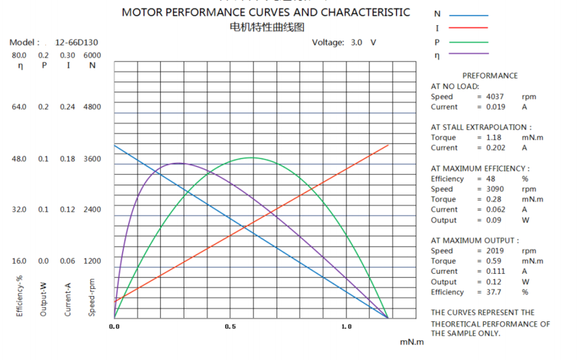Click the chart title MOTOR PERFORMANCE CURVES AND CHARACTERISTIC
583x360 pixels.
click(265, 12)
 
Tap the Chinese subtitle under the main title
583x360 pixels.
click(267, 27)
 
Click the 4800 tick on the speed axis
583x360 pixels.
click(92, 107)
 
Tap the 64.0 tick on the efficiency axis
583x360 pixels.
click(19, 107)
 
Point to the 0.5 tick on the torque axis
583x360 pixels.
click(230, 327)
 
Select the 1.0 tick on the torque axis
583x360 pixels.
click(346, 327)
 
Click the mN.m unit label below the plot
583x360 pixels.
click(411, 342)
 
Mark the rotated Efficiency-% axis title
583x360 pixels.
click(20, 296)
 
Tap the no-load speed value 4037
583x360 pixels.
click(494, 97)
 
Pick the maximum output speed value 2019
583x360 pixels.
click(494, 251)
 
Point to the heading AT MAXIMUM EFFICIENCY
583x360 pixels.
click(480, 168)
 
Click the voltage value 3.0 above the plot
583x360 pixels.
click(357, 42)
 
